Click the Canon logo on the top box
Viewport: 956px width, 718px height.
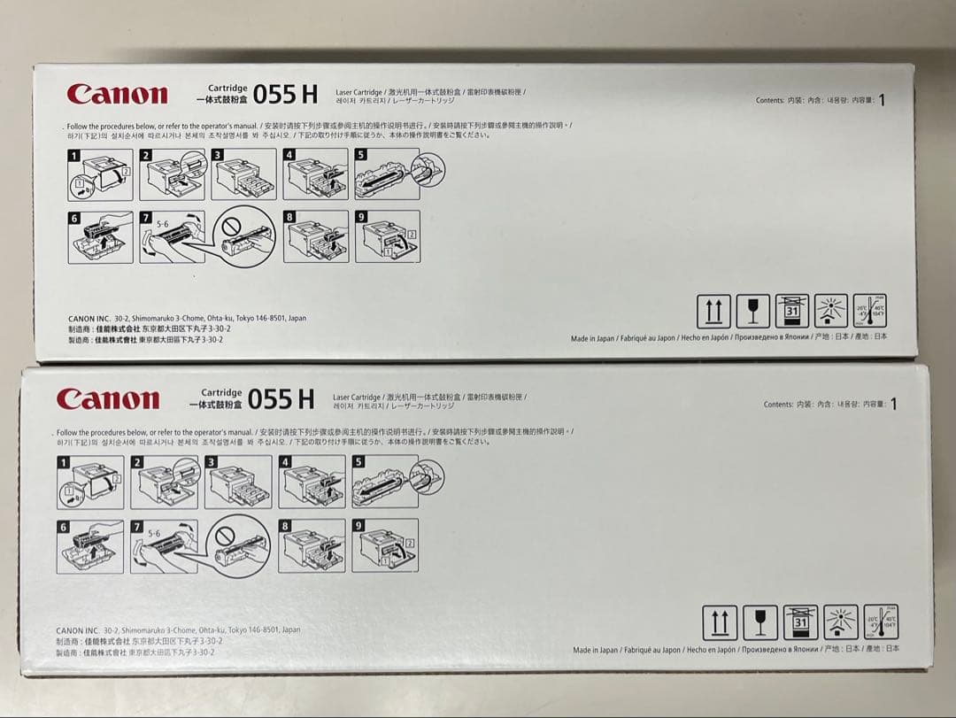117,94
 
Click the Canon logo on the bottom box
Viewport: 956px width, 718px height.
108,398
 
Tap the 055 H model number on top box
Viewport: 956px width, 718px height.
286,94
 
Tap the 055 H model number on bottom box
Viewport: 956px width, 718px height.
281,399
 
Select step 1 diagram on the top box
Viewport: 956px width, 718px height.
101,174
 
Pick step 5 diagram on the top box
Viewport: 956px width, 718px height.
387,174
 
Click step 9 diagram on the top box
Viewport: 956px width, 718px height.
388,236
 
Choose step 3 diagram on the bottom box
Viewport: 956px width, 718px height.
238,482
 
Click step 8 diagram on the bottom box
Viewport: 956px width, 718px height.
311,545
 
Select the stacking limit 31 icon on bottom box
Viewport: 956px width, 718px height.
799,623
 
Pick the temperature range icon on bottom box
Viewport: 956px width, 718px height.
882,622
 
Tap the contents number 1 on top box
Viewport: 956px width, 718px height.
882,100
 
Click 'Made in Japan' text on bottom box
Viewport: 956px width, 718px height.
595,650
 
